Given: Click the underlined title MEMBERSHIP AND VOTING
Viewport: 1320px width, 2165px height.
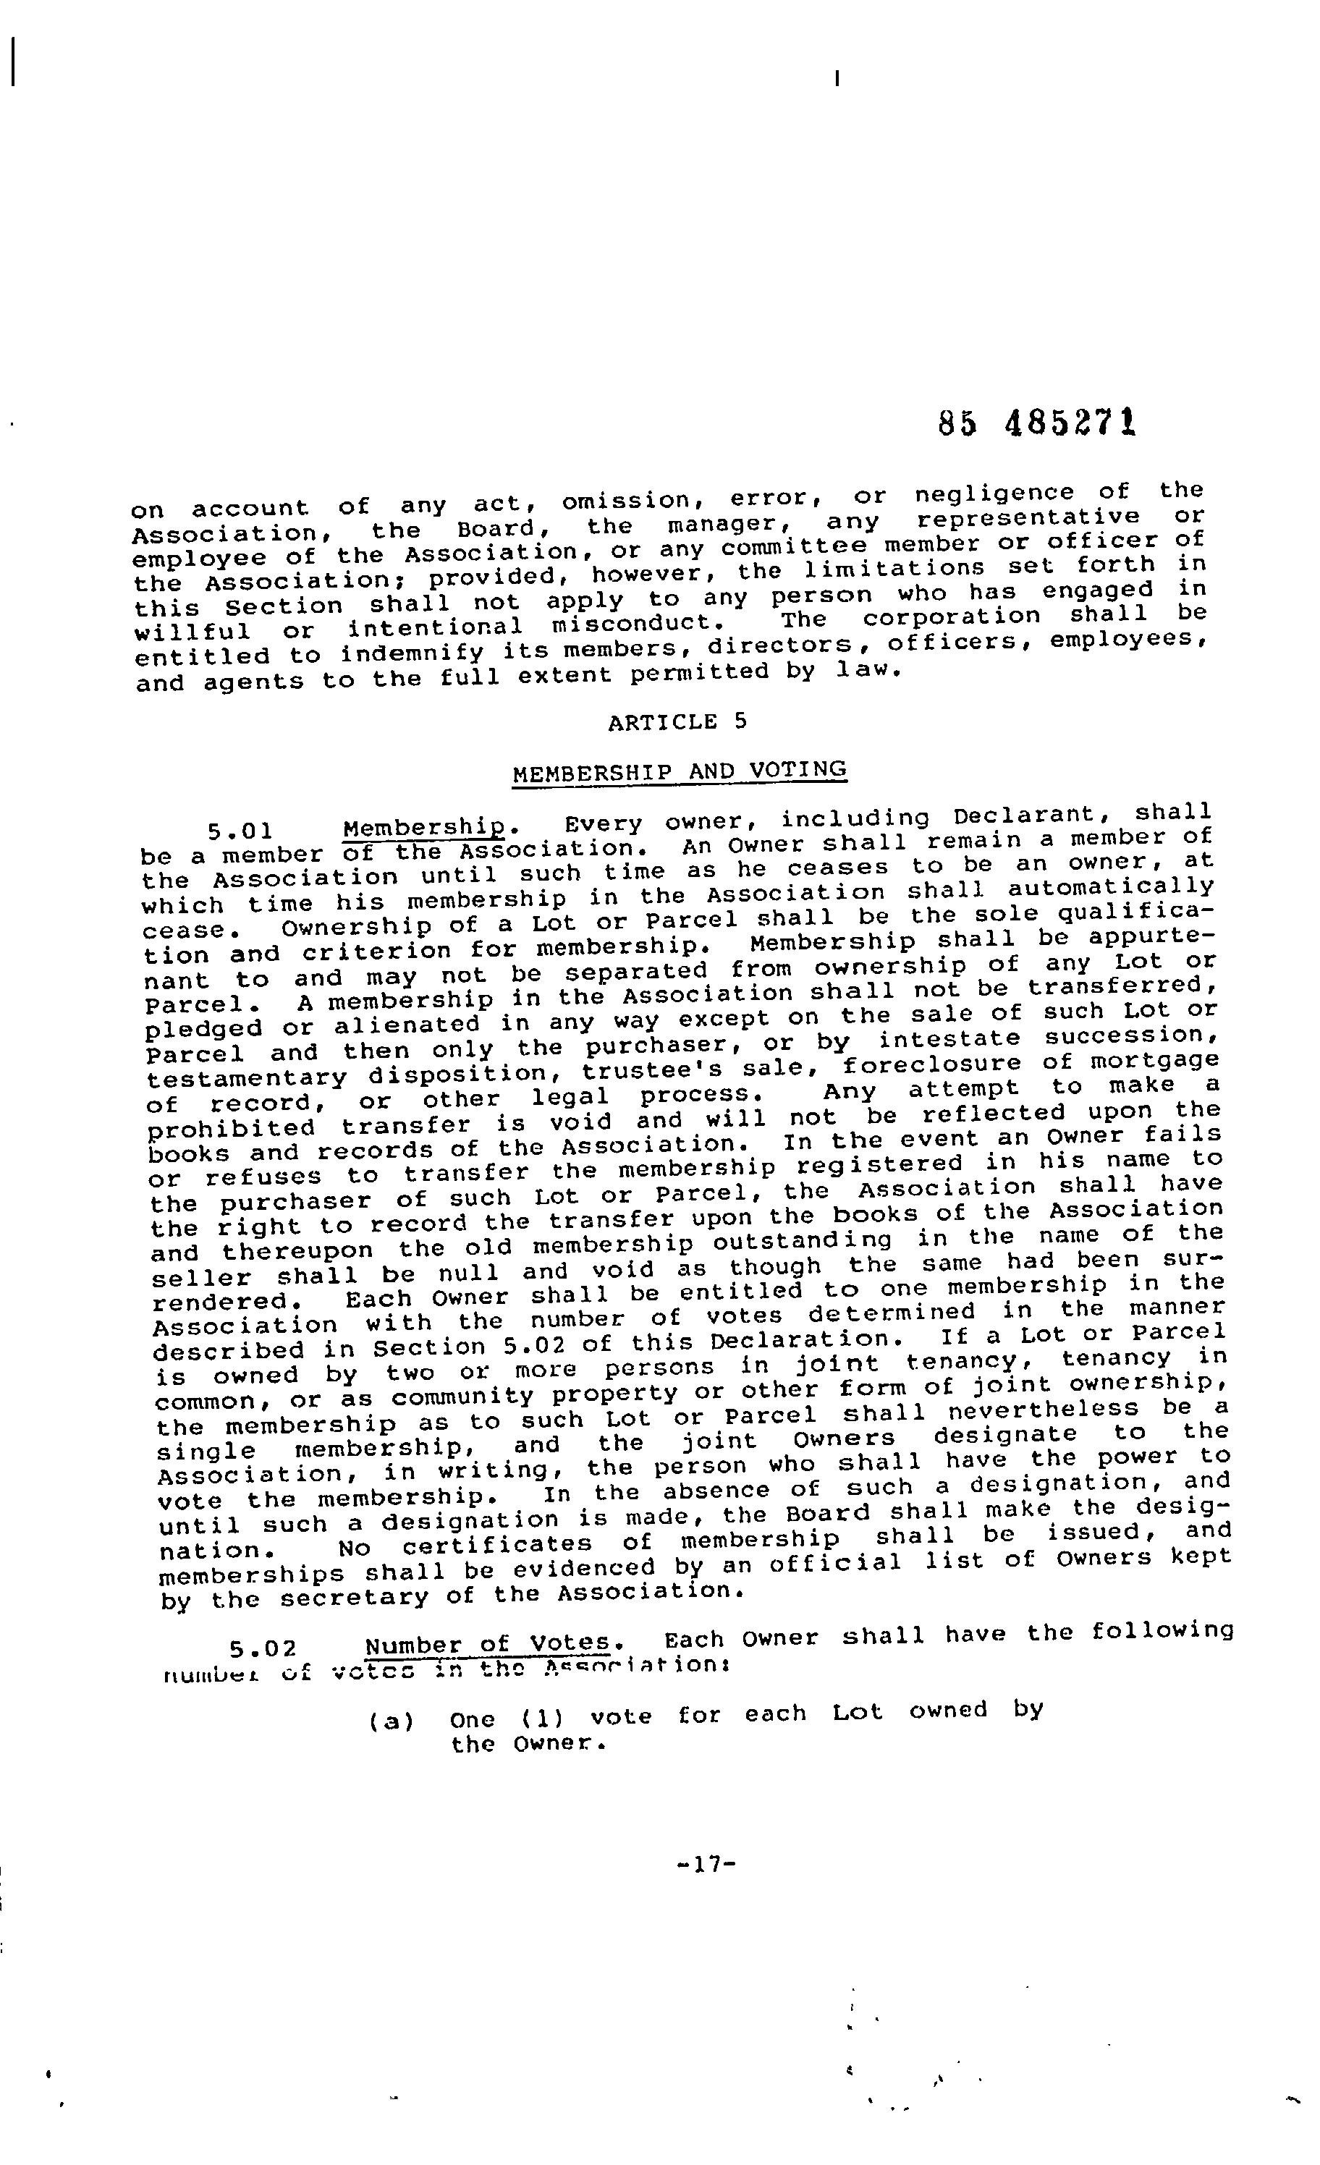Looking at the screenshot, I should point(680,771).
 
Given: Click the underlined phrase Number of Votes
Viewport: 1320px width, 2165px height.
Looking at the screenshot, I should point(488,1643).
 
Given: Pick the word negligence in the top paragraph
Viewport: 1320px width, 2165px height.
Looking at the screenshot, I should point(994,493).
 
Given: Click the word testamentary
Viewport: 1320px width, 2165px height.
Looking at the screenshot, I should point(247,1077).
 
